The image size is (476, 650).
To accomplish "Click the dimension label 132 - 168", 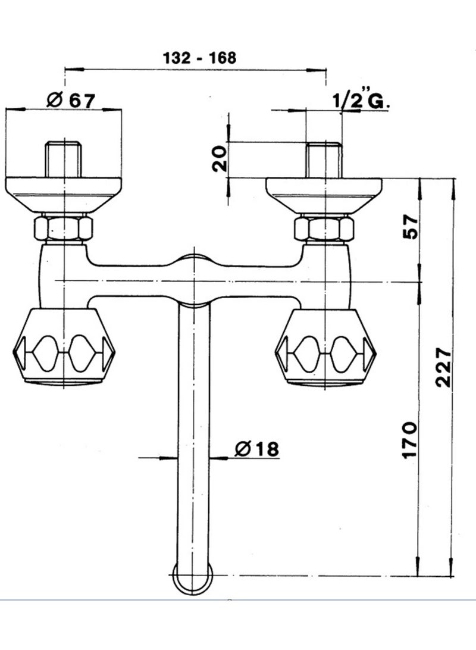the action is (x=200, y=58).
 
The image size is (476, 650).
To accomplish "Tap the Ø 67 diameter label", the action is (x=71, y=100).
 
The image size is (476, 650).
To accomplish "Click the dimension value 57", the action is (x=410, y=226).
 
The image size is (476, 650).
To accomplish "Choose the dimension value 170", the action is (x=409, y=439).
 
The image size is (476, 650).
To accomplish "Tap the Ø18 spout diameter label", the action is (x=257, y=448).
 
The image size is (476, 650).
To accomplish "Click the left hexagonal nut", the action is (x=63, y=229).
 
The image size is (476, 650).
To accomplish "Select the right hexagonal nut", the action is (x=324, y=229).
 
